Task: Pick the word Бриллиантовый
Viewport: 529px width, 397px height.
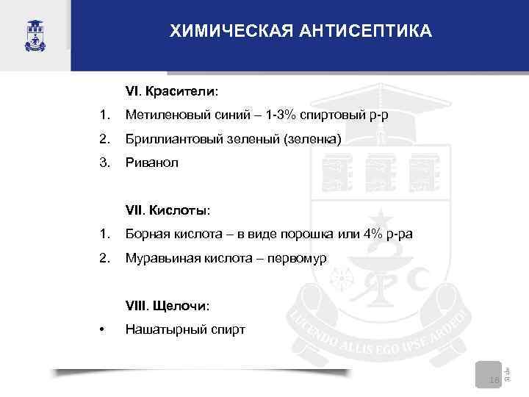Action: click(170, 138)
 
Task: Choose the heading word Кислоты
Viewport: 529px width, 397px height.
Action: click(179, 210)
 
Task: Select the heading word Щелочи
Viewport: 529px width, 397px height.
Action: click(181, 304)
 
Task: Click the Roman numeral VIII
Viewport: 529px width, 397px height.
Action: click(137, 304)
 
